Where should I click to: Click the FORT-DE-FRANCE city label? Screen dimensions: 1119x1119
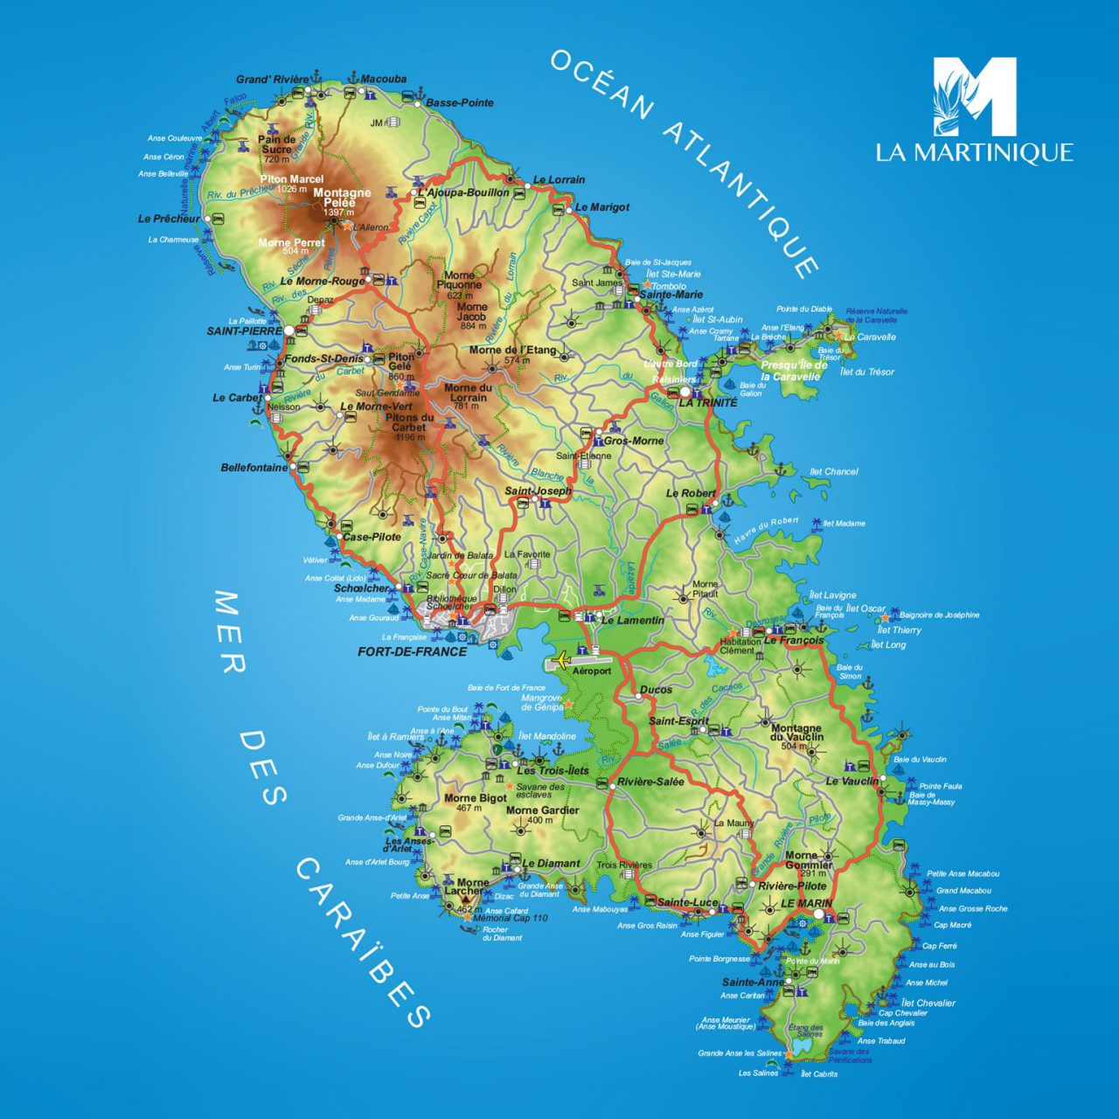pyautogui.click(x=412, y=651)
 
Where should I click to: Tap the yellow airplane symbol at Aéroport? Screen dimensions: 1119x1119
pyautogui.click(x=560, y=658)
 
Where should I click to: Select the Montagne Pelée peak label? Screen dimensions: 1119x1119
pyautogui.click(x=342, y=198)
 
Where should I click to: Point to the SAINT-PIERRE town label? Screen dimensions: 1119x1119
pyautogui.click(x=244, y=331)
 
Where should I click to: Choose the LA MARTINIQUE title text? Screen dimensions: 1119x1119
pyautogui.click(x=974, y=152)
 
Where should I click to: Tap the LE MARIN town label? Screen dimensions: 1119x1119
pyautogui.click(x=806, y=903)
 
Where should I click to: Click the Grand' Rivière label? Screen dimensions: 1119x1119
pyautogui.click(x=272, y=80)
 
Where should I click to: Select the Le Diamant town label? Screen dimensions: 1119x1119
pyautogui.click(x=551, y=863)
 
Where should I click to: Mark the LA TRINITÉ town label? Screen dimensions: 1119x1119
pyautogui.click(x=707, y=403)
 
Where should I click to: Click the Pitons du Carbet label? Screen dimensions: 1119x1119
pyautogui.click(x=409, y=422)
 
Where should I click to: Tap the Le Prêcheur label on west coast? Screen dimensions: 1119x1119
pyautogui.click(x=169, y=219)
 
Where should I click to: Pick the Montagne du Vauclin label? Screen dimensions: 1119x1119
pyautogui.click(x=796, y=733)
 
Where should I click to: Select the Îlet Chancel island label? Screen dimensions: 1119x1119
pyautogui.click(x=833, y=471)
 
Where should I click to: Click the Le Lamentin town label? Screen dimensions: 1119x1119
pyautogui.click(x=632, y=620)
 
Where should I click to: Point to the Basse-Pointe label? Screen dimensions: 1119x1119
pyautogui.click(x=460, y=102)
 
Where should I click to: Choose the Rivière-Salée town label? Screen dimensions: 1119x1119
pyautogui.click(x=650, y=782)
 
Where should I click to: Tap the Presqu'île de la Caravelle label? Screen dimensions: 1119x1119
pyautogui.click(x=794, y=371)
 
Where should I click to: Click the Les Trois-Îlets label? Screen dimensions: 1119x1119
pyautogui.click(x=553, y=770)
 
